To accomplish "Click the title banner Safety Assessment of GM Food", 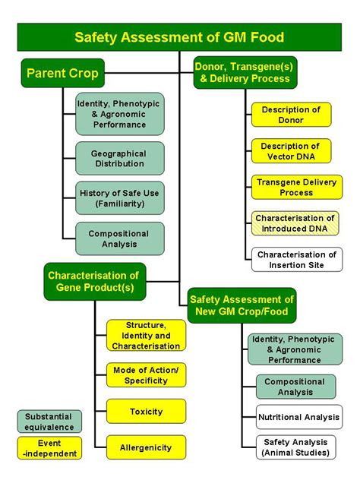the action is pyautogui.click(x=179, y=37).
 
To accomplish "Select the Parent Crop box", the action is pyautogui.click(x=63, y=73).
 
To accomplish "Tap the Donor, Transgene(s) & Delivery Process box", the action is pyautogui.click(x=245, y=73).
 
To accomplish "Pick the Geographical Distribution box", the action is pyautogui.click(x=120, y=158).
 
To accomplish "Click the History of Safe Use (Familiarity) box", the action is pyautogui.click(x=120, y=198).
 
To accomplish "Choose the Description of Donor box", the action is pyautogui.click(x=291, y=115).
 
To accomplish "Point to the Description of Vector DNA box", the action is pyautogui.click(x=291, y=151).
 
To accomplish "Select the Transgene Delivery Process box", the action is pyautogui.click(x=297, y=187).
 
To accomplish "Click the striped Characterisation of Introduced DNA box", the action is pyautogui.click(x=295, y=223).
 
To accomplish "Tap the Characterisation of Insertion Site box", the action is pyautogui.click(x=297, y=260).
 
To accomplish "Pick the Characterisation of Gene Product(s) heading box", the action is pyautogui.click(x=95, y=281).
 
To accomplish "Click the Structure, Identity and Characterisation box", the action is pyautogui.click(x=146, y=335).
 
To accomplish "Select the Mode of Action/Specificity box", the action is pyautogui.click(x=146, y=375).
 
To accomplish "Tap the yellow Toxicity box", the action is pyautogui.click(x=146, y=412).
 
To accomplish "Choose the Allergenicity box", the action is pyautogui.click(x=146, y=447).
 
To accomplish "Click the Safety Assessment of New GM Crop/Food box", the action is pyautogui.click(x=242, y=305).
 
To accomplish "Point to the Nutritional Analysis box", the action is pyautogui.click(x=299, y=417).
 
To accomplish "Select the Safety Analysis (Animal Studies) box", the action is pyautogui.click(x=295, y=447).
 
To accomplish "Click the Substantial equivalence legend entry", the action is pyautogui.click(x=49, y=422).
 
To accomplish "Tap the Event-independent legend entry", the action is pyautogui.click(x=49, y=448).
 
